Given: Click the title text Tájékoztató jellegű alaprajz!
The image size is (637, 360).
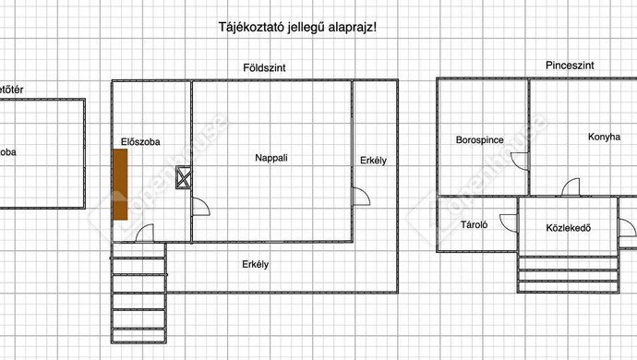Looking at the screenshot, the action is pos(296,27).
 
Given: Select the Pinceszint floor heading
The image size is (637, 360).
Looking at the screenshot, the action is pos(570,66).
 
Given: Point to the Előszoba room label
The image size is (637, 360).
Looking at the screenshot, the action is pos(141,142).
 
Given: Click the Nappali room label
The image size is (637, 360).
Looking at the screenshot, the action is pos(271,158).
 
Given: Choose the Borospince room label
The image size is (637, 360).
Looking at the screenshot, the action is pos(479,140).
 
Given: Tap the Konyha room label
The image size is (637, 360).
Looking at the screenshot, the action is pos(604,138).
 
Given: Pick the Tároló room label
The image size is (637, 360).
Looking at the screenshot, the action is pos(474,224).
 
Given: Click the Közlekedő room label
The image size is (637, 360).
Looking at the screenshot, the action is pos(568,227).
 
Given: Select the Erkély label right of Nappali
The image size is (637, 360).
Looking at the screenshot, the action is pos(373,161).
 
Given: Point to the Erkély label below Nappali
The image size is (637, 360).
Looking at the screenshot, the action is pos(255,265).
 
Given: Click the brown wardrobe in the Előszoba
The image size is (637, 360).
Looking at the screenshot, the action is pos(120,184).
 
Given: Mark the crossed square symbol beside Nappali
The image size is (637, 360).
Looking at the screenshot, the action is pos(183,177).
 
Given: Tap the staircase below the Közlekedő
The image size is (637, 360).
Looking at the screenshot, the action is pos(565,272).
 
